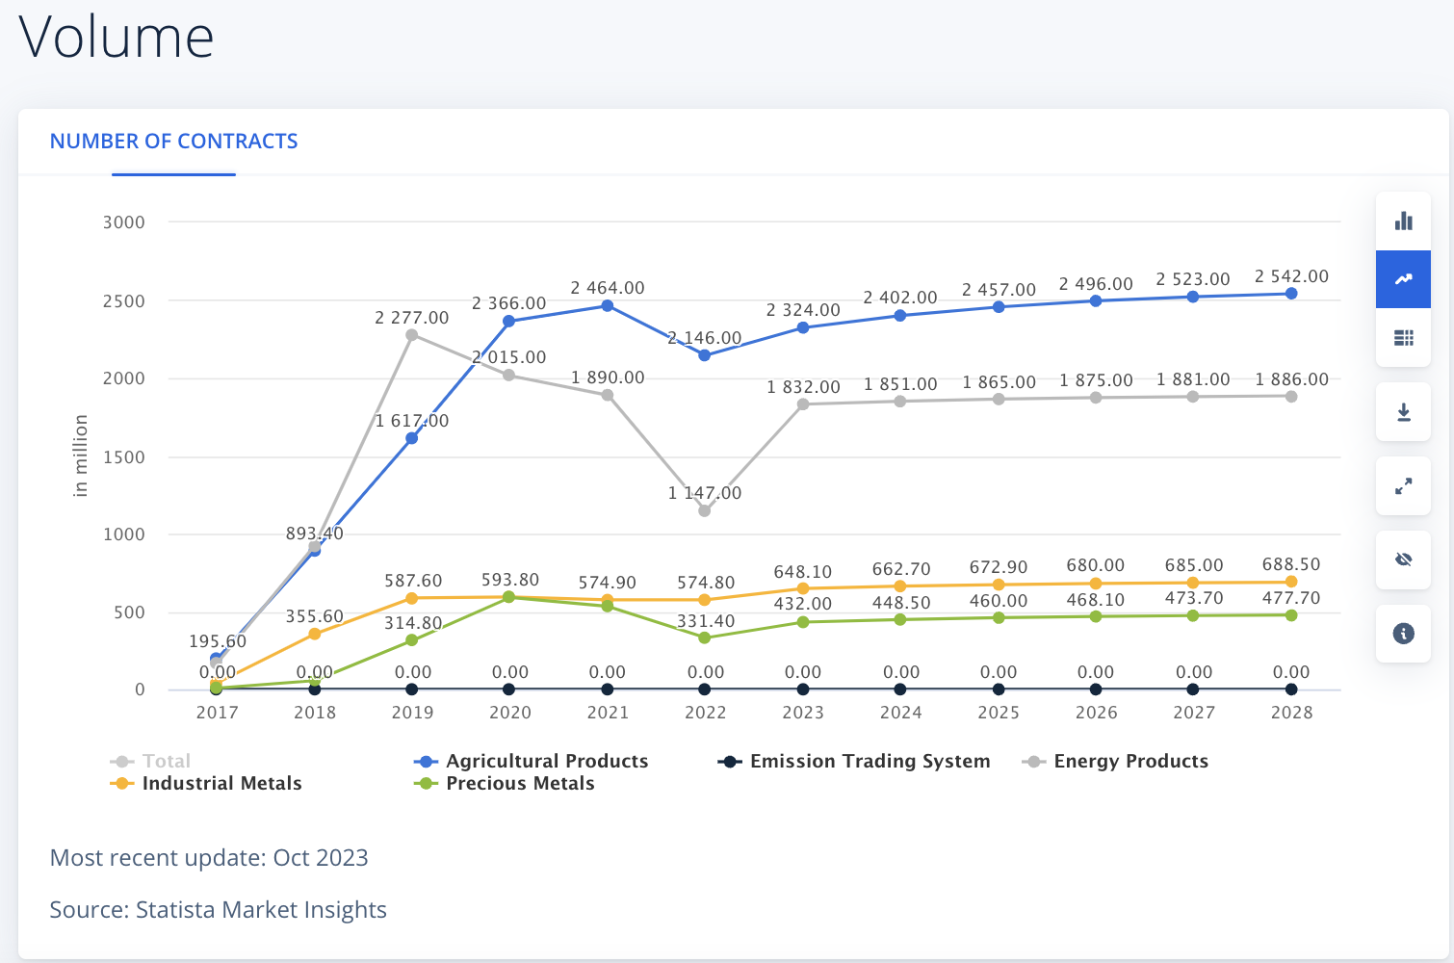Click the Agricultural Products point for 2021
tap(607, 305)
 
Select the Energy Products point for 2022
tap(704, 510)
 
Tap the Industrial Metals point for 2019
tap(411, 598)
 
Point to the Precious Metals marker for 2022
tap(704, 638)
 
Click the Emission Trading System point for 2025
tap(999, 689)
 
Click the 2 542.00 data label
tap(1291, 276)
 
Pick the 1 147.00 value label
tap(704, 493)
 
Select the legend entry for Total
tap(150, 761)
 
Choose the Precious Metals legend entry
tap(504, 783)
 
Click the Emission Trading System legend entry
tap(853, 761)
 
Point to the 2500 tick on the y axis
tap(123, 301)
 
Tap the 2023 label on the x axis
tap(803, 713)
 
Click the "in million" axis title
tap(80, 455)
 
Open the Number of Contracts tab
tap(173, 141)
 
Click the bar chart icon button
tap(1403, 221)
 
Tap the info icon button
tap(1403, 633)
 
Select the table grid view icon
tap(1403, 338)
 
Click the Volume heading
tap(117, 37)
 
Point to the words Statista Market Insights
tap(261, 910)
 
